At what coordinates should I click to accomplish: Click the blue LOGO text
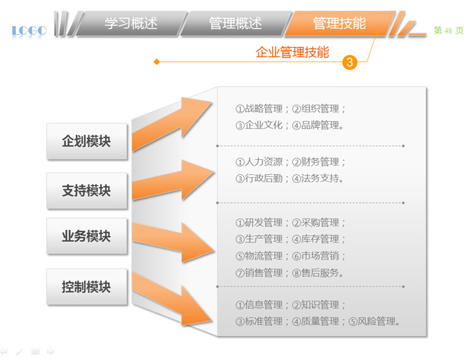(x=29, y=30)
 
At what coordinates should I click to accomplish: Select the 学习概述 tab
(x=132, y=24)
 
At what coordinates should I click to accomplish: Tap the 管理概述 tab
(x=236, y=24)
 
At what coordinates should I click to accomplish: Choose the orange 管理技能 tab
(x=340, y=24)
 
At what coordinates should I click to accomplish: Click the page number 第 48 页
(x=448, y=30)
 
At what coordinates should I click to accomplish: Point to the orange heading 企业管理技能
(x=292, y=52)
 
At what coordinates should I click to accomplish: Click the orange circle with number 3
(x=349, y=62)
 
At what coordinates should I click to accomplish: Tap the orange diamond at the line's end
(x=157, y=62)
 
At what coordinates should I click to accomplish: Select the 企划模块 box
(x=87, y=141)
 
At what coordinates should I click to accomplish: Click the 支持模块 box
(x=87, y=190)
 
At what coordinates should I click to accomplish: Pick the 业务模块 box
(x=87, y=236)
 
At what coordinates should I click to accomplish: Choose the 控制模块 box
(x=87, y=287)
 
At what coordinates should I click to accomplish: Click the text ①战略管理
(x=259, y=109)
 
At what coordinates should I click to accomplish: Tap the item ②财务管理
(x=316, y=162)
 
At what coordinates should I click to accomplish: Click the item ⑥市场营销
(x=316, y=256)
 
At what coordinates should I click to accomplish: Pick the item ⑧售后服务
(x=318, y=273)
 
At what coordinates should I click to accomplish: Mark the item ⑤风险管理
(x=375, y=321)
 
